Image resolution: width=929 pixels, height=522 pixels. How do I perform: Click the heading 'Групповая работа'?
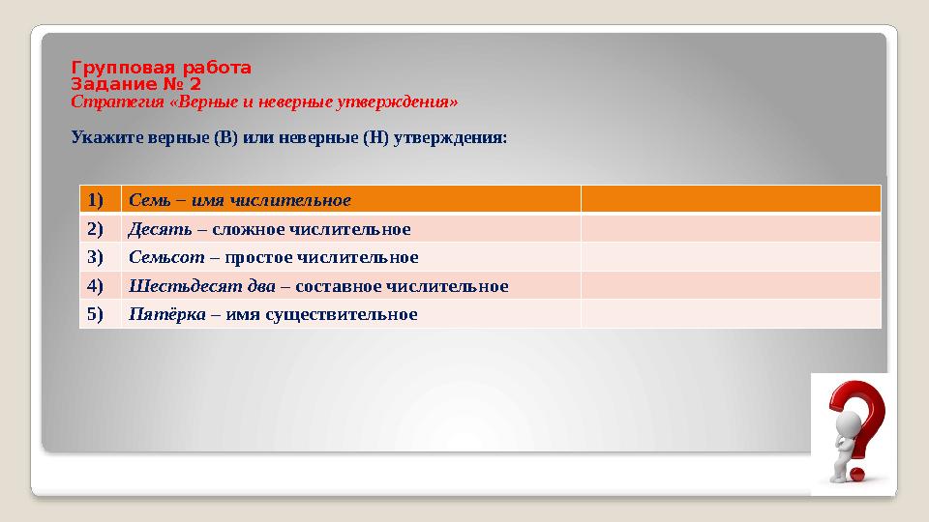point(162,68)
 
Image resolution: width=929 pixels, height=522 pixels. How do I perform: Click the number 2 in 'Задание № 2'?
point(195,84)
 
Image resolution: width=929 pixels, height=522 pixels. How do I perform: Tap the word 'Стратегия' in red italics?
point(117,102)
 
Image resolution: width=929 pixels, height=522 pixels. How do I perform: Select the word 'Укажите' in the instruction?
point(107,138)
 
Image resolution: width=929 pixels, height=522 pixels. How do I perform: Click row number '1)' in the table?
point(96,200)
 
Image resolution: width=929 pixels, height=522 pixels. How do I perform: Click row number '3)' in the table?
point(96,257)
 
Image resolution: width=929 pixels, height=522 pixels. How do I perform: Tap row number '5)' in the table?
point(96,313)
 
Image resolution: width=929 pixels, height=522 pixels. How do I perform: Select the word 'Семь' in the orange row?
point(149,200)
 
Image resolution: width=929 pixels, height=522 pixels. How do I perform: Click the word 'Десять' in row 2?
point(160,229)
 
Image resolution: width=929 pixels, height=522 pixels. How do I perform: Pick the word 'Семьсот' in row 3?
point(166,257)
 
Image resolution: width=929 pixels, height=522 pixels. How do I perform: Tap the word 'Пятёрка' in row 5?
point(167,314)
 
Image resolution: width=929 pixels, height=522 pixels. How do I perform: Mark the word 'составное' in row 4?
point(339,287)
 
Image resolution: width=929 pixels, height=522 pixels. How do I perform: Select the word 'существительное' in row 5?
point(342,315)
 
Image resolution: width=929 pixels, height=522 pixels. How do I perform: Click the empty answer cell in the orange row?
point(732,199)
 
